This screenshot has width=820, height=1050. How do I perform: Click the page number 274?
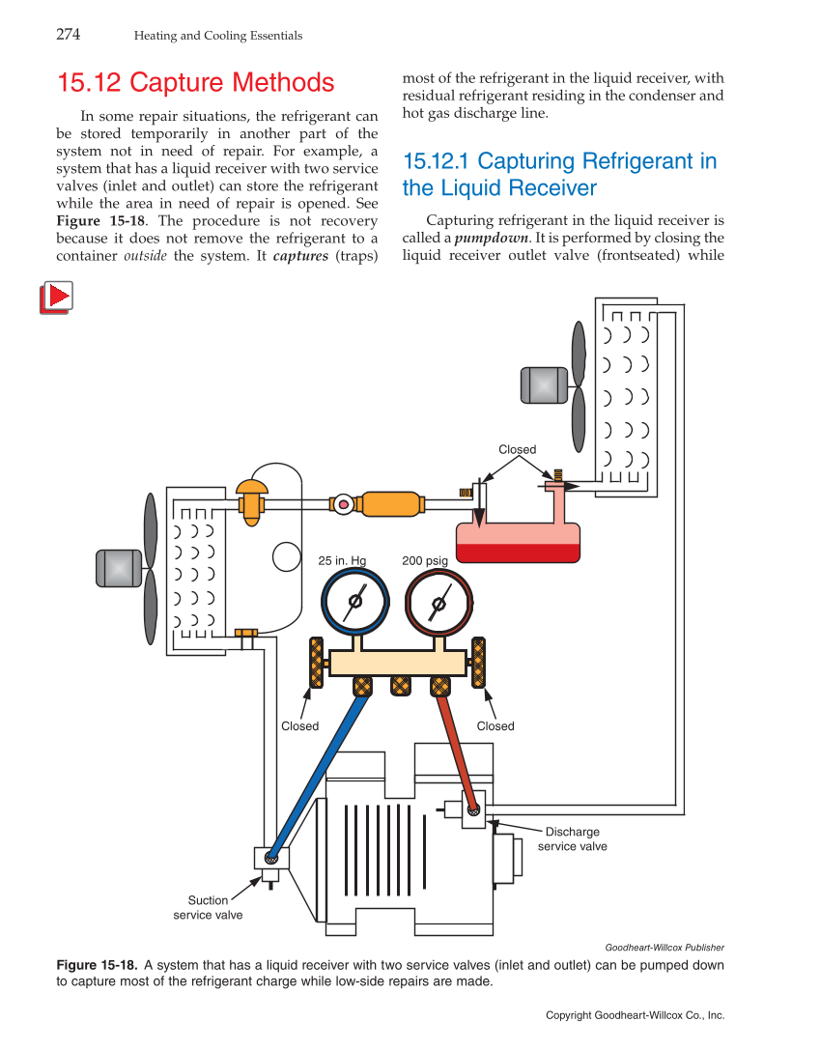coord(68,35)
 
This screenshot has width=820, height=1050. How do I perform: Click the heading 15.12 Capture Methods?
coord(195,83)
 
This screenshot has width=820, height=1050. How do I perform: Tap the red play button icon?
coord(57,297)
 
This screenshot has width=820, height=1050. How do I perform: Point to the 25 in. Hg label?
coord(342,560)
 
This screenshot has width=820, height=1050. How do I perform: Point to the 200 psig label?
coord(425,560)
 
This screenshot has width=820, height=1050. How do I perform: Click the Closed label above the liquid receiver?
coord(517,449)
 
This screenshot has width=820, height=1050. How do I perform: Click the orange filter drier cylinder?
coord(390,504)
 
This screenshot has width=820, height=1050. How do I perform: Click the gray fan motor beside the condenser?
coord(544,384)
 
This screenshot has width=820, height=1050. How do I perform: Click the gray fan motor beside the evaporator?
coord(119,568)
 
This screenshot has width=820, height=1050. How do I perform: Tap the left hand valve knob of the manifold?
coord(315,663)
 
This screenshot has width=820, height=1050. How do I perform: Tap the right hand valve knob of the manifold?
coord(477,663)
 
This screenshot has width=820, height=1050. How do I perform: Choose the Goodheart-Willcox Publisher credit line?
coord(664,948)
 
